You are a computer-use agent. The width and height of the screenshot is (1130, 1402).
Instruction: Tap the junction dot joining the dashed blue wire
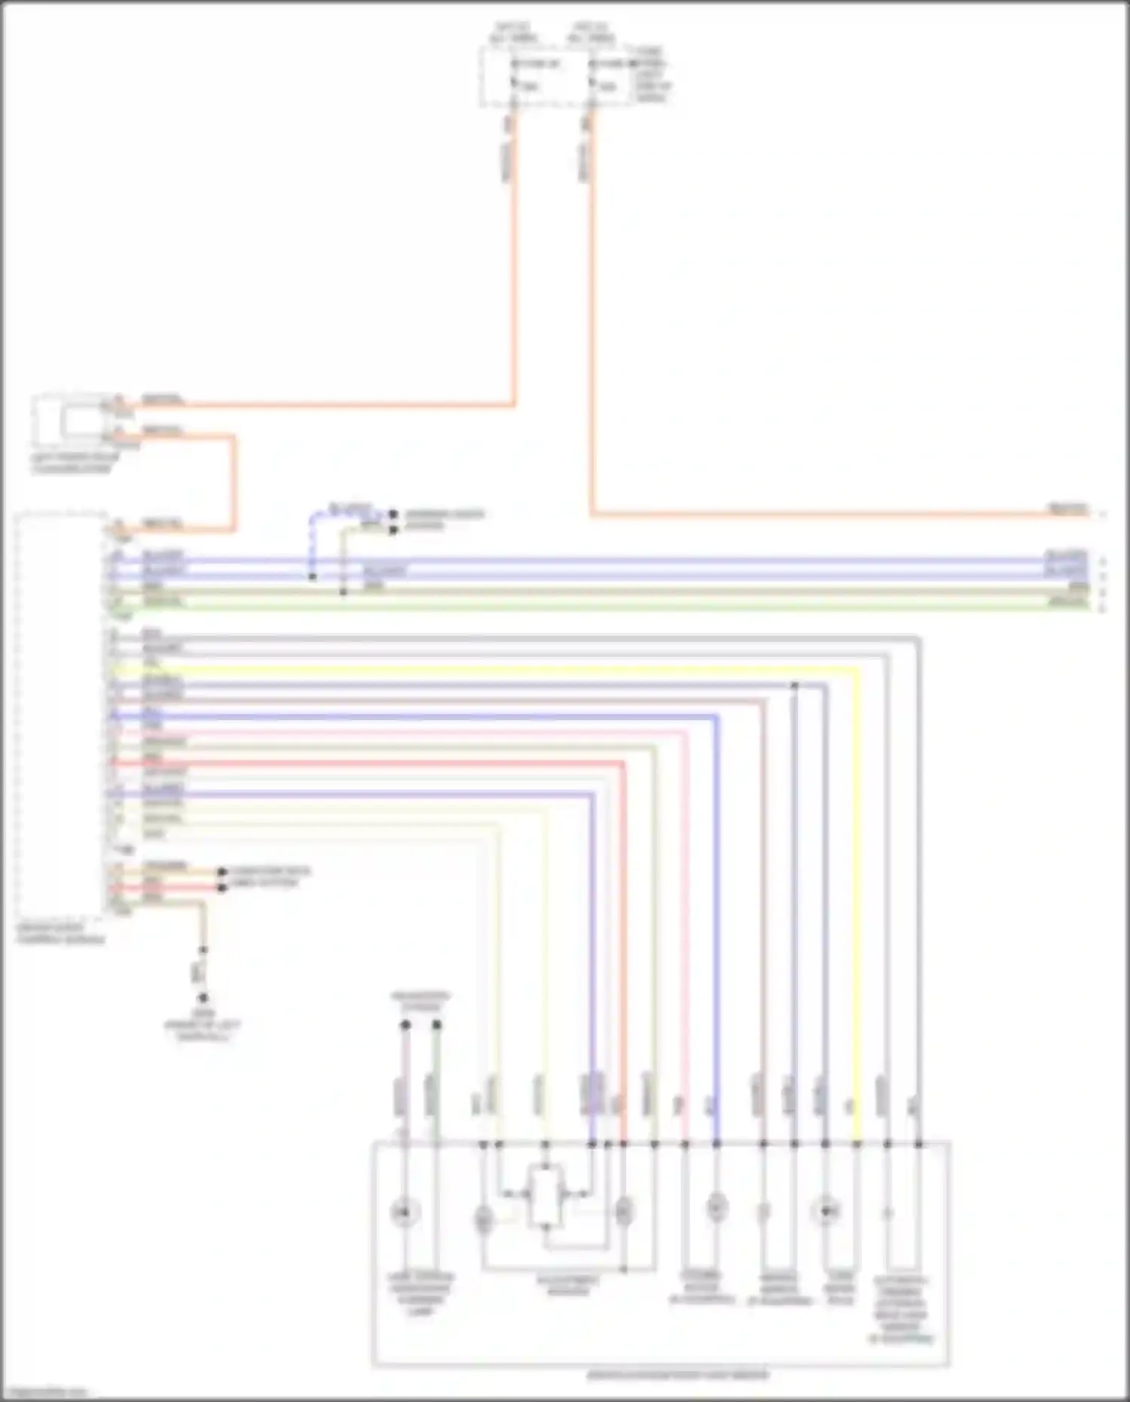coord(313,578)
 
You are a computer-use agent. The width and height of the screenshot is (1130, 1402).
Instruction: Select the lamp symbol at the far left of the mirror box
coord(405,1212)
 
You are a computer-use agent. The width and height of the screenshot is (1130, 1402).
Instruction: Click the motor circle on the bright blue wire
coord(716,1208)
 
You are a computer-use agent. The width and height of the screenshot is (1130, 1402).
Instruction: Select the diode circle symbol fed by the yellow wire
coord(826,1212)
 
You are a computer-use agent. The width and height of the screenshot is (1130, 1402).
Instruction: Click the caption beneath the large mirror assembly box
coord(678,1375)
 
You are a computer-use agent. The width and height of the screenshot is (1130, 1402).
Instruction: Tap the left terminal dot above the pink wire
coord(405,1025)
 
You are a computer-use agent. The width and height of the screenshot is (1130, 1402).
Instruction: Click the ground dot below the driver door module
coord(203,997)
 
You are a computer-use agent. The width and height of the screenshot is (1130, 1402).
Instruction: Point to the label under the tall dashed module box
coord(60,935)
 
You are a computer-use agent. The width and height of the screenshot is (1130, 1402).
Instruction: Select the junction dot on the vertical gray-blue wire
coord(794,686)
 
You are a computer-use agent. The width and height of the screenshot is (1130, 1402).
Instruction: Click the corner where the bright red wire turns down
coord(624,764)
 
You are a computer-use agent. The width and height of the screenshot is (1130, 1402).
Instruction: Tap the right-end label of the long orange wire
coord(1069,510)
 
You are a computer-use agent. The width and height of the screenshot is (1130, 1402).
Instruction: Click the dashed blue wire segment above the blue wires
coord(311,539)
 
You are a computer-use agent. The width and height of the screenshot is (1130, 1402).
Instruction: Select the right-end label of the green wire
coord(1069,604)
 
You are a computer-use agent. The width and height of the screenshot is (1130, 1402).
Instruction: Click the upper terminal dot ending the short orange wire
coord(221,872)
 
